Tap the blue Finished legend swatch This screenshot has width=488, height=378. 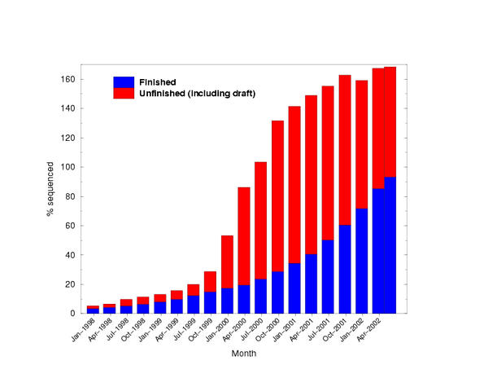click(124, 82)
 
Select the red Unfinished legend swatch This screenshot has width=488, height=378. click(124, 94)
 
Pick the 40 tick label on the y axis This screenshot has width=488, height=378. click(71, 255)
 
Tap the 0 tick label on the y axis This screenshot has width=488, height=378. click(73, 314)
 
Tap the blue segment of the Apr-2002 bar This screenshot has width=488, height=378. click(390, 244)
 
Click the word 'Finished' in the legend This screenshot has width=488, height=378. click(157, 82)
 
